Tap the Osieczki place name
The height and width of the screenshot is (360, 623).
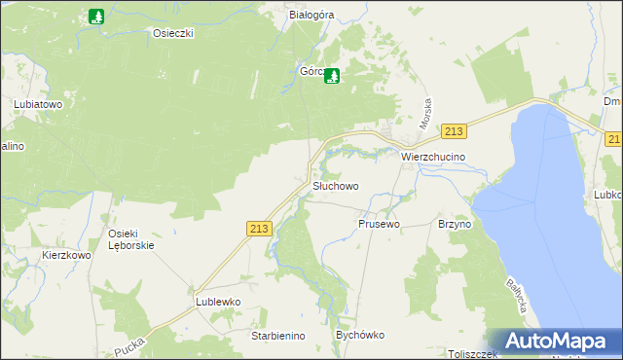174,33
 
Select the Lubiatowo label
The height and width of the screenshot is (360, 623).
38,102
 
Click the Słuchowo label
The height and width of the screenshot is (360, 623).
335,186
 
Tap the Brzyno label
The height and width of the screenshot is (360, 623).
455,224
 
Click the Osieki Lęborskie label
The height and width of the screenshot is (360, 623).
131,238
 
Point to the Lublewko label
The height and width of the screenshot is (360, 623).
217,302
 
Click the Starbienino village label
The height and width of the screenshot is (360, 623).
278,336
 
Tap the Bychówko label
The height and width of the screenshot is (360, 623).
360,335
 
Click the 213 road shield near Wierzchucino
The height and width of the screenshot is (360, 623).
453,131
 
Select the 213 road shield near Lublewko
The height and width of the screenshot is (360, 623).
258,228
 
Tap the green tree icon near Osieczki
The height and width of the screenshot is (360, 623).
95,17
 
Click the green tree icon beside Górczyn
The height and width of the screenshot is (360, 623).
332,74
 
